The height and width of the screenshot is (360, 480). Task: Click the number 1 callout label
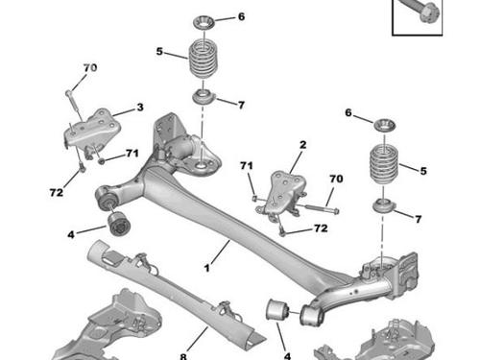pyautogui.click(x=207, y=268)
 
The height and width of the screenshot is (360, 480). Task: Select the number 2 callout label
pyautogui.click(x=302, y=145)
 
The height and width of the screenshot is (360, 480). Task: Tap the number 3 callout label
pyautogui.click(x=140, y=108)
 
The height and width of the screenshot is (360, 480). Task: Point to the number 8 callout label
pyautogui.click(x=183, y=356)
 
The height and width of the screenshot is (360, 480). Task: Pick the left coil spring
pyautogui.click(x=203, y=57)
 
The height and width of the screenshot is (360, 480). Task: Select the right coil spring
pyautogui.click(x=384, y=165)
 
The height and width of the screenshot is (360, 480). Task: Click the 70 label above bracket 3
pyautogui.click(x=90, y=68)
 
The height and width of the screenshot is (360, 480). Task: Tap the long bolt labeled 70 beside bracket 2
pyautogui.click(x=322, y=208)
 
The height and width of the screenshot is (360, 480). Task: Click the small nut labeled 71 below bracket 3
pyautogui.click(x=101, y=160)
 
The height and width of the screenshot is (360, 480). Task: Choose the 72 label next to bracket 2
pyautogui.click(x=321, y=228)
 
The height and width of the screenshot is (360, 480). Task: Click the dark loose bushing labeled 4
pyautogui.click(x=118, y=223)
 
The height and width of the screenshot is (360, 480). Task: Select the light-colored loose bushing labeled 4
pyautogui.click(x=277, y=310)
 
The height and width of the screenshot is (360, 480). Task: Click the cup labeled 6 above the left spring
pyautogui.click(x=204, y=22)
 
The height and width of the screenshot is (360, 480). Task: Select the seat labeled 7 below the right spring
pyautogui.click(x=384, y=205)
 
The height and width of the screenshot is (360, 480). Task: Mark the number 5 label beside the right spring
pyautogui.click(x=423, y=171)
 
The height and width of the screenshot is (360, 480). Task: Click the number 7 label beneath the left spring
pyautogui.click(x=241, y=105)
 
